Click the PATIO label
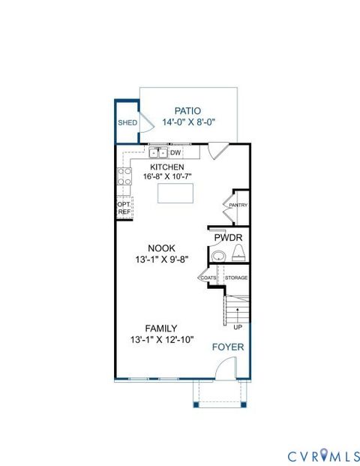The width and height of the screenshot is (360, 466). click(x=188, y=110)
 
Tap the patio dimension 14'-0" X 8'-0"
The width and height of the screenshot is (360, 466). click(x=188, y=122)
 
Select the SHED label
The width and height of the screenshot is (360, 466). click(x=126, y=122)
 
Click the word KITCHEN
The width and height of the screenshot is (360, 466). click(x=166, y=167)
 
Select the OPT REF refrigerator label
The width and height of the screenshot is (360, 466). click(x=124, y=207)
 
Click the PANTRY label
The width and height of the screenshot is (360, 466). click(x=238, y=205)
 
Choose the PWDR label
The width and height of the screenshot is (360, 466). click(x=227, y=238)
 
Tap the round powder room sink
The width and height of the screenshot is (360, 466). click(x=217, y=257)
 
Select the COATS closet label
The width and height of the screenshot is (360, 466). click(x=208, y=278)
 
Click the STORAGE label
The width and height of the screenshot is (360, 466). click(x=236, y=278)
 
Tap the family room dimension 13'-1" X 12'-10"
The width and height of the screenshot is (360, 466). click(x=161, y=339)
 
